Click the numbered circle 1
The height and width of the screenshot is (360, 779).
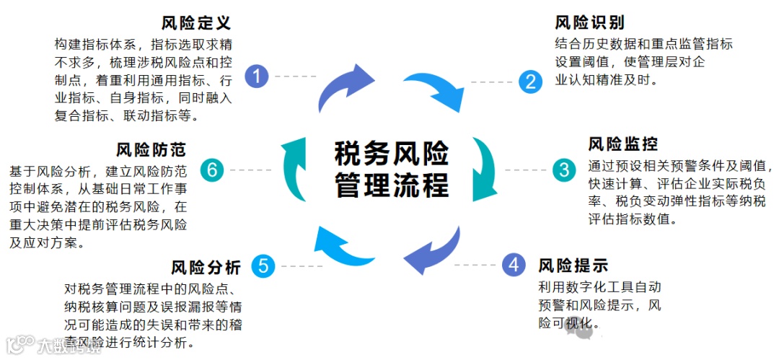[257, 76]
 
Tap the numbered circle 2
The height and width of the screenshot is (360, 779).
[530, 82]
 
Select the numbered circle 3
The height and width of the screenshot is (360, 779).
[564, 170]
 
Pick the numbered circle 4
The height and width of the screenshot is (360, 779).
[514, 265]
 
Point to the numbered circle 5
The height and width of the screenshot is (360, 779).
[263, 266]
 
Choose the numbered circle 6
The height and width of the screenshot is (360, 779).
[211, 170]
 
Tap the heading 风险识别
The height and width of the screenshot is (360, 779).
[589, 22]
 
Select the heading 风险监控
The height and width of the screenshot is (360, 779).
[623, 144]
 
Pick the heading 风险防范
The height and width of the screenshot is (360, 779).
[151, 149]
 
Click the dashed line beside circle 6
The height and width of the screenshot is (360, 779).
[250, 170]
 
